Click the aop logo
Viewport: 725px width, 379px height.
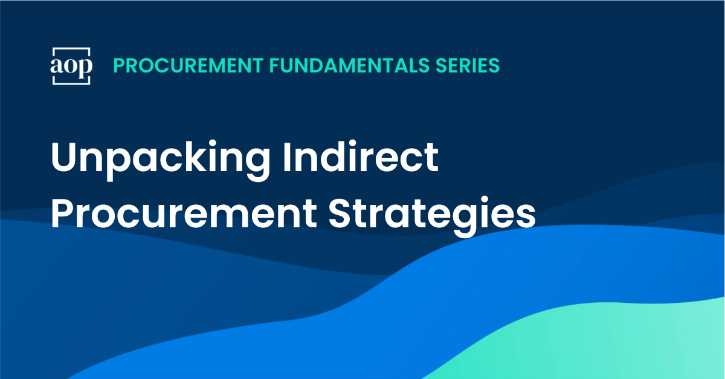coord(71,65)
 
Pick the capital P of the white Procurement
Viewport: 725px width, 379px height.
coord(65,212)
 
